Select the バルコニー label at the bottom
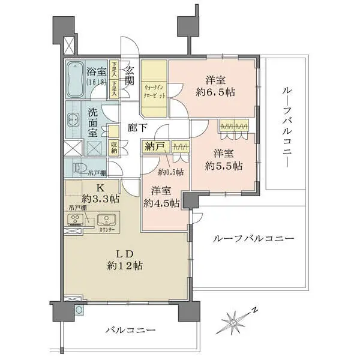click(x=130, y=331)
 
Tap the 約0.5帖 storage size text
click(x=170, y=172)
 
